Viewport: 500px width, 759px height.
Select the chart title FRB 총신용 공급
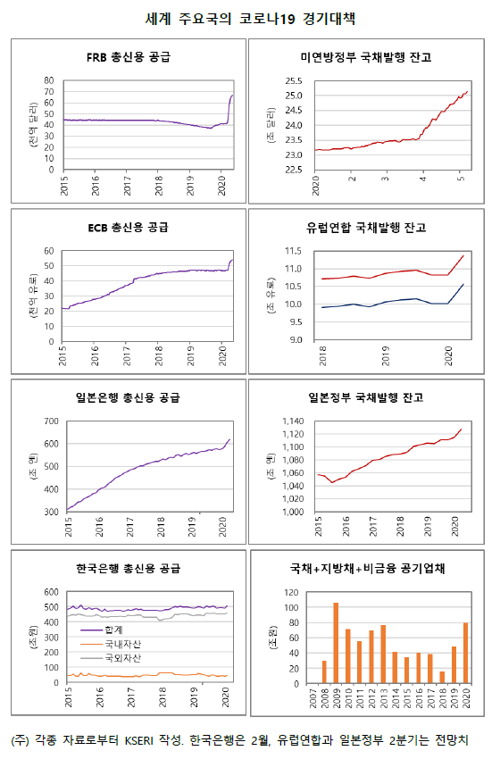(129, 57)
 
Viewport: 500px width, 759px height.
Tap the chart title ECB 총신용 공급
(129, 228)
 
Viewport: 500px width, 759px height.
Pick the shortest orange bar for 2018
(442, 677)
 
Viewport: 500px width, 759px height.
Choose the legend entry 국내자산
(107, 643)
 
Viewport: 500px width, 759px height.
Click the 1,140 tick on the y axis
(290, 421)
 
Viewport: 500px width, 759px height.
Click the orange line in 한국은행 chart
(134, 676)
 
